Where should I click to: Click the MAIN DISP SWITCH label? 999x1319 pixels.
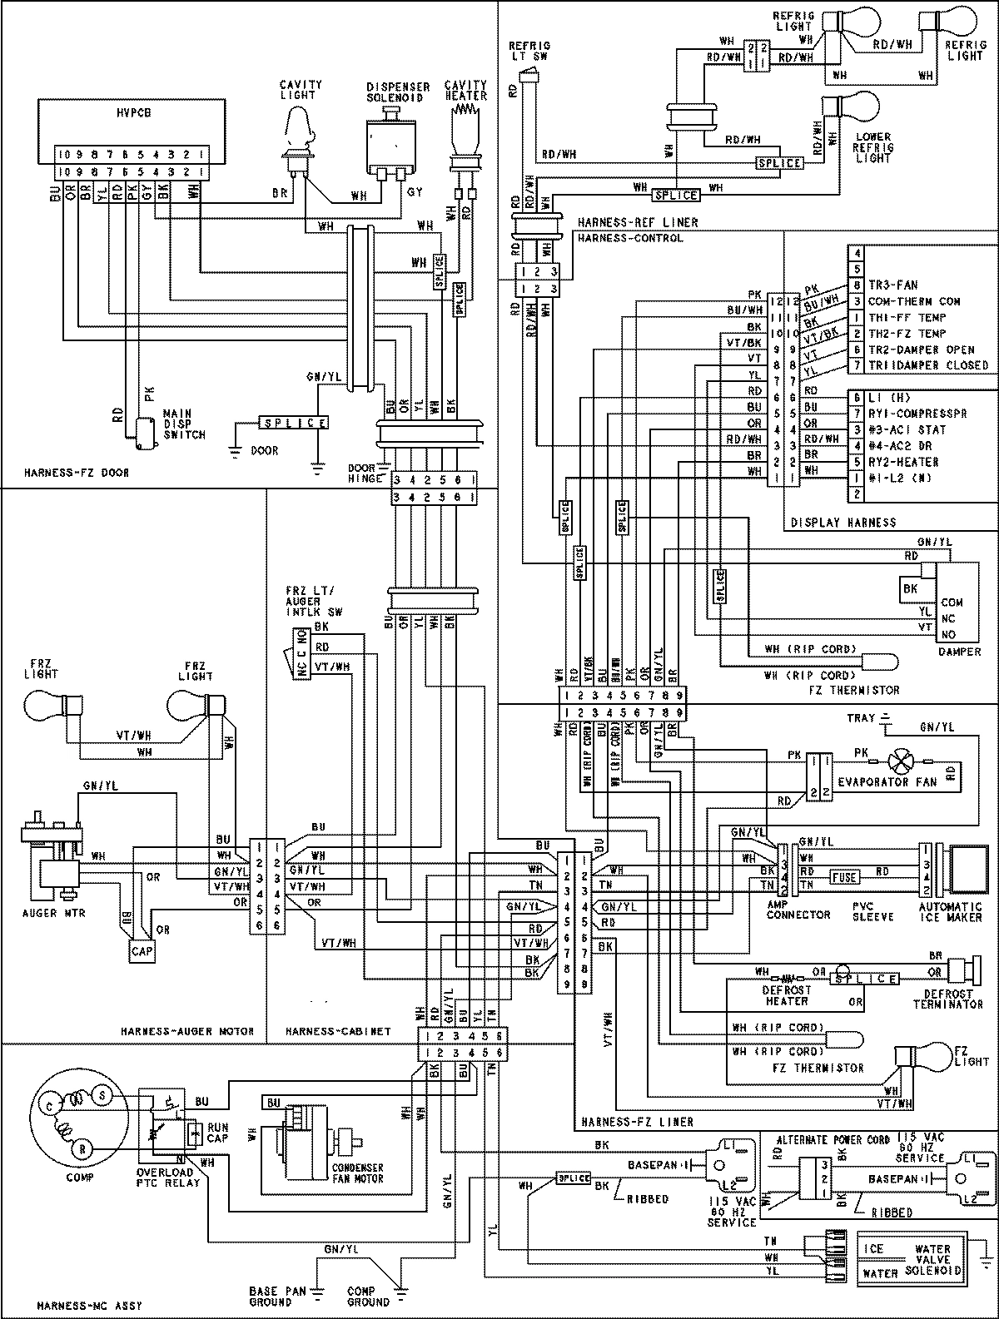click(x=184, y=423)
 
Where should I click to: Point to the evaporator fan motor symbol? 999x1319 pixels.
click(x=899, y=761)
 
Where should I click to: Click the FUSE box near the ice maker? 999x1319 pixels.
click(x=844, y=878)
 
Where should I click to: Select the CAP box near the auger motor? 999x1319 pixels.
click(x=142, y=950)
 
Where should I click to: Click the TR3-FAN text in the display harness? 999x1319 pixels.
click(x=893, y=285)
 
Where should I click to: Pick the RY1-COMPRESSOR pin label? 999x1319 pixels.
click(x=917, y=414)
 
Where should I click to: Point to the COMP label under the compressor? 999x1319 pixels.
click(x=81, y=1177)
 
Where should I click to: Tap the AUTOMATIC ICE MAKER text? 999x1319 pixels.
click(x=951, y=912)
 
